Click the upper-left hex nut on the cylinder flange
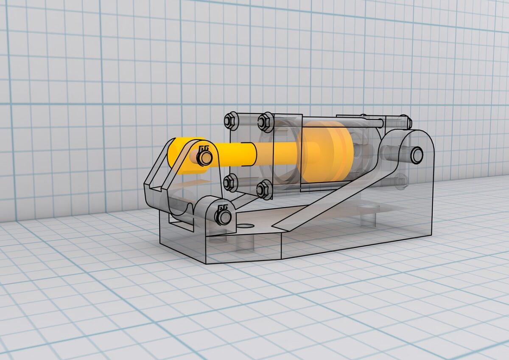coord(231,121)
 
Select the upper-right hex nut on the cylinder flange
coord(265,122)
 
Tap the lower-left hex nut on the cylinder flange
coord(229,183)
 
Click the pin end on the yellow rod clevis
coord(205,158)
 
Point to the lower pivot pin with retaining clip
coord(223,217)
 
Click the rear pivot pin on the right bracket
coord(416,155)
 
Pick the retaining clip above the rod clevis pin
coord(204,148)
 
